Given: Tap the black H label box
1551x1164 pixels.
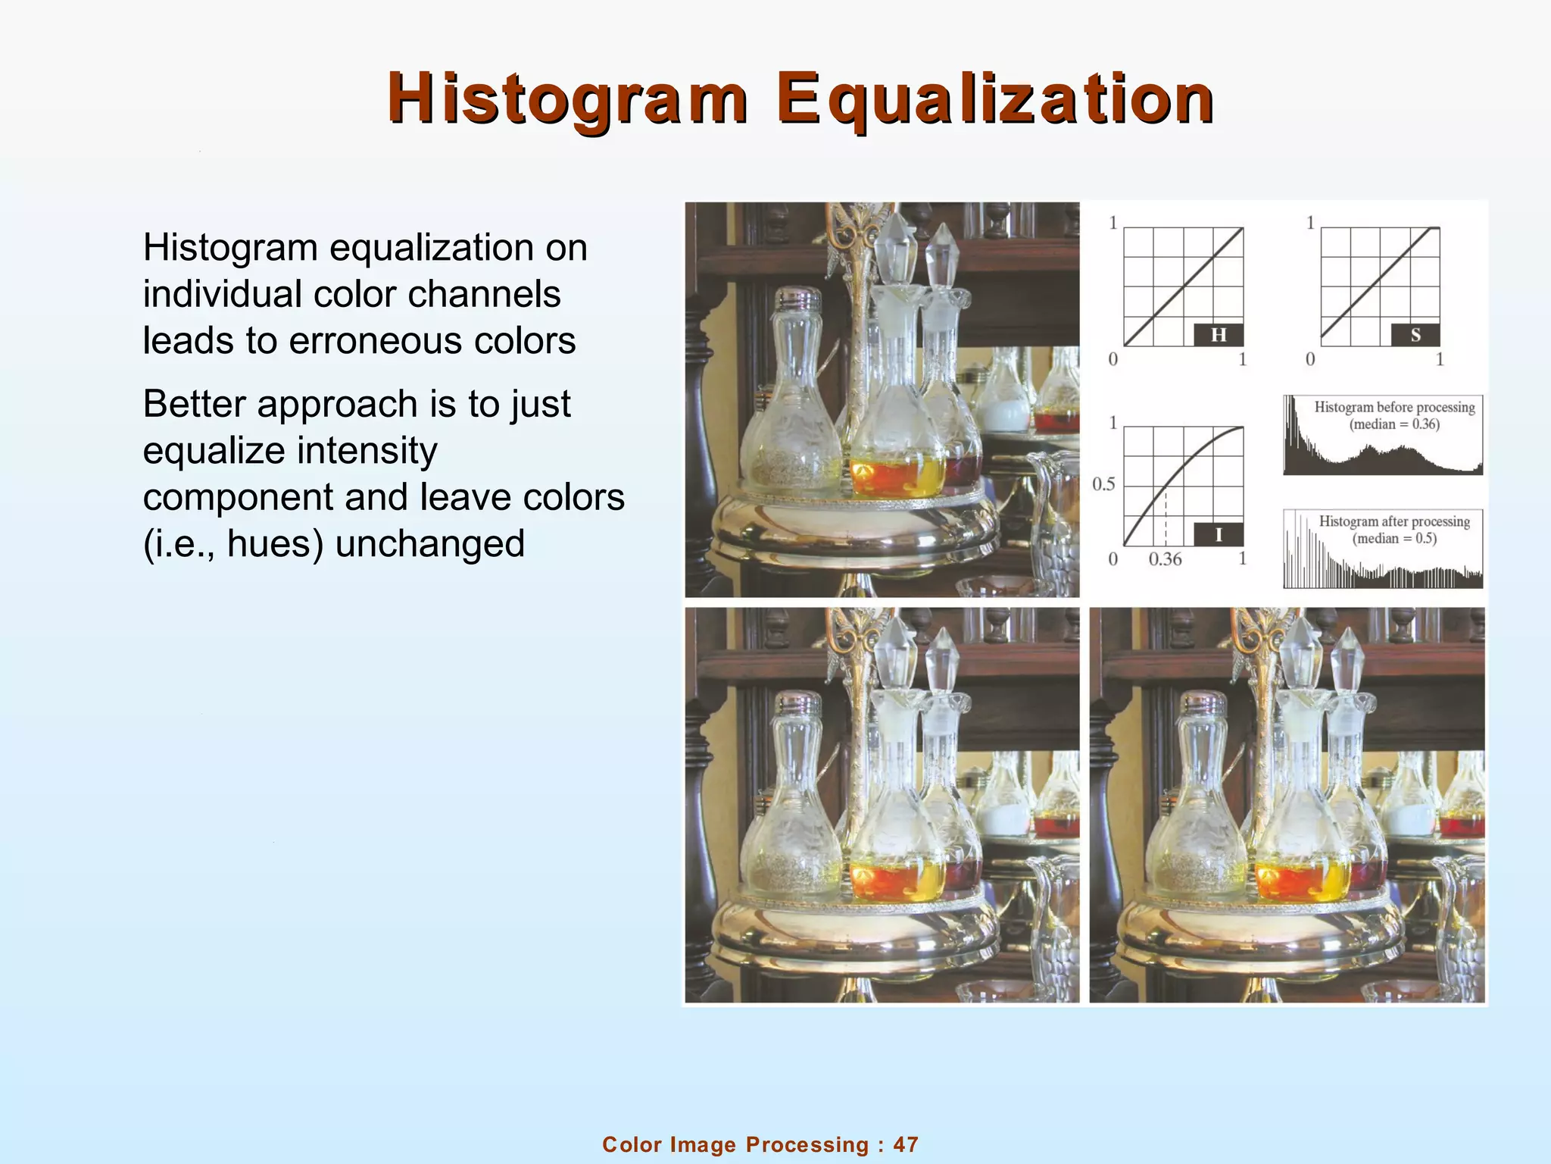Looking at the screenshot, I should pyautogui.click(x=1218, y=335).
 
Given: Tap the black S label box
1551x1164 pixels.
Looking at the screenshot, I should pyautogui.click(x=1415, y=335).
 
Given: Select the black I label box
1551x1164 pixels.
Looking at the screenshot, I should pyautogui.click(x=1218, y=534).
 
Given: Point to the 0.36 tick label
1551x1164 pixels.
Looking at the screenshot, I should pyautogui.click(x=1165, y=560).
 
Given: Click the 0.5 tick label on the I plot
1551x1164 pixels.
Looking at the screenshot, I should pyautogui.click(x=1103, y=484).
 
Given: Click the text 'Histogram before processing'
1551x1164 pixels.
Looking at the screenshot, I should pyautogui.click(x=1394, y=408).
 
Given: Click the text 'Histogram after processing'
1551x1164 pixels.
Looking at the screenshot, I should pyautogui.click(x=1394, y=522).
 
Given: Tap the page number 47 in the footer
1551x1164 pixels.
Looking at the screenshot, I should pyautogui.click(x=906, y=1144).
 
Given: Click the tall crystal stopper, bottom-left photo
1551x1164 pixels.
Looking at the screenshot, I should pyautogui.click(x=896, y=649).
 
